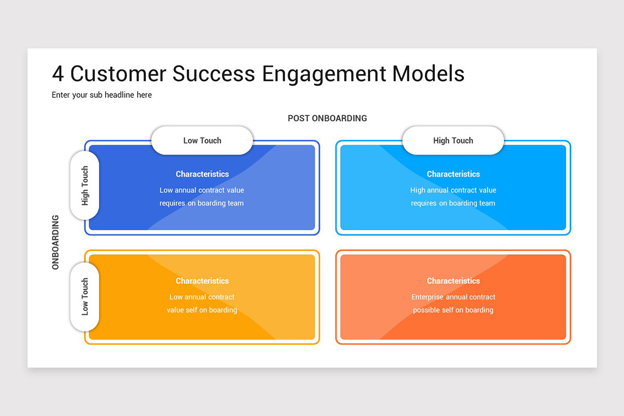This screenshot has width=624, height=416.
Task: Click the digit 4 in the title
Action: pos(58,74)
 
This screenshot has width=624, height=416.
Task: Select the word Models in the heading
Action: pos(428,74)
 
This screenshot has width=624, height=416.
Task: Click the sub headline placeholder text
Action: pos(102,95)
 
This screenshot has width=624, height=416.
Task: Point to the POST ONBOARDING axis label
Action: pos(327,118)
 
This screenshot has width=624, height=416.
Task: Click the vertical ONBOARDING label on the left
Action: pos(56,242)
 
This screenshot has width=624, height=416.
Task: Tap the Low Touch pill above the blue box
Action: pos(202,140)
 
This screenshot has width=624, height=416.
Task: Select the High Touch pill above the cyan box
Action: pos(453,140)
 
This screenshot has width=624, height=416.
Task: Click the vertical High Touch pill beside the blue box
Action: pos(85,186)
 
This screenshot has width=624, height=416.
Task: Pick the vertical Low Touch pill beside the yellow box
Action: pos(85,296)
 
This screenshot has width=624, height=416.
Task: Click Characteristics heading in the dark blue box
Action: pos(202,174)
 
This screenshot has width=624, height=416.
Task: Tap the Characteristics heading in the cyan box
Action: pos(453,174)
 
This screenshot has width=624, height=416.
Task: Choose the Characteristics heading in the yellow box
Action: pos(202,281)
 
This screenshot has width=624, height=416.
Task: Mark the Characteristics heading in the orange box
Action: pos(453,281)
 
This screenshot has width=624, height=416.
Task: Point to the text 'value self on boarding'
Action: pos(202,310)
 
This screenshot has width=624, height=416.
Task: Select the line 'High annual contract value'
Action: pos(453,190)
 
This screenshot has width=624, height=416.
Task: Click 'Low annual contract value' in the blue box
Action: pos(202,190)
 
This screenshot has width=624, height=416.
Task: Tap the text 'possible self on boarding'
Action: pos(453,310)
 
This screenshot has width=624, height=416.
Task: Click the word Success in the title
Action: pos(214,74)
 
